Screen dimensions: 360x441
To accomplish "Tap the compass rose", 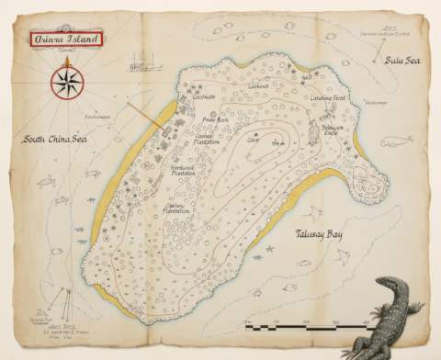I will pyautogui.click(x=67, y=83).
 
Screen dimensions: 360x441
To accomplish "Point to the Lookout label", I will pyautogui.click(x=258, y=85).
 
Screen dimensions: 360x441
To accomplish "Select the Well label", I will pyautogui.click(x=307, y=78).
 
